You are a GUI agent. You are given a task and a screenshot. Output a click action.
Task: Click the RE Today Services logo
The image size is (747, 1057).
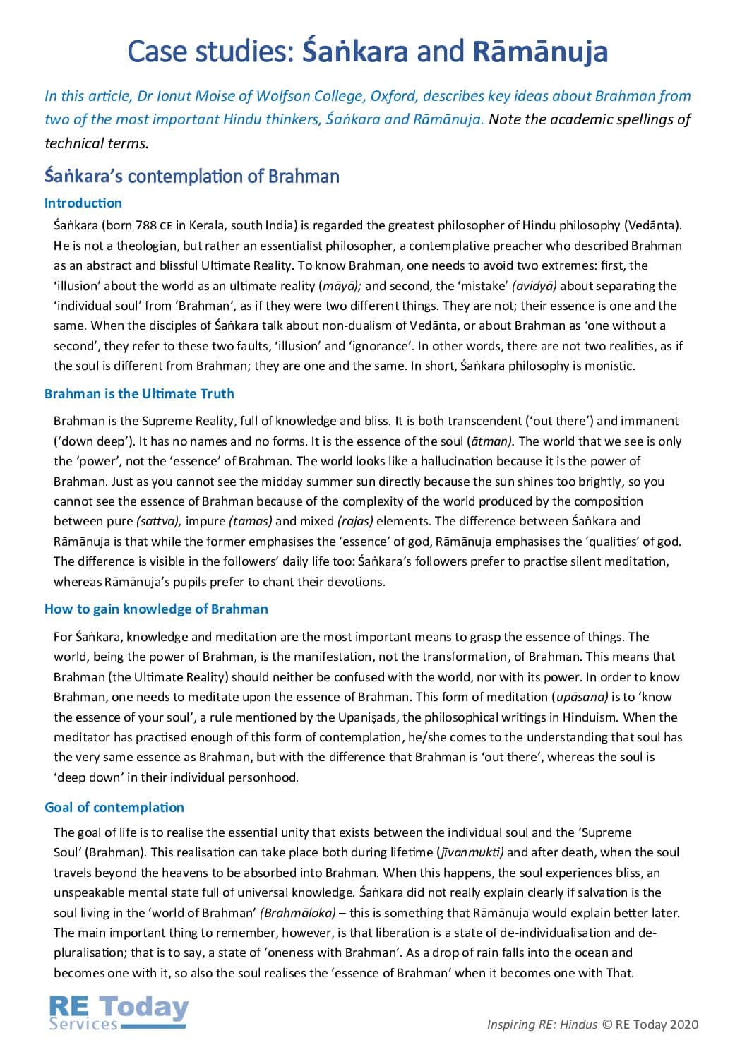click(x=119, y=1013)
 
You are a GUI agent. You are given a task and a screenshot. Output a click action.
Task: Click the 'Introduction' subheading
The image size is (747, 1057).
click(x=83, y=203)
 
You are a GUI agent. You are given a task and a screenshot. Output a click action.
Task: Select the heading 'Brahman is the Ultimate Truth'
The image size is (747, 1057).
click(x=139, y=394)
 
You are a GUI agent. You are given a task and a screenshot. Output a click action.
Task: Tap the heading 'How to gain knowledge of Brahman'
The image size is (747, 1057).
click(x=156, y=609)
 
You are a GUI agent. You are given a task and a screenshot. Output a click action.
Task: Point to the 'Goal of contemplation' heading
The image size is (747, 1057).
click(x=114, y=808)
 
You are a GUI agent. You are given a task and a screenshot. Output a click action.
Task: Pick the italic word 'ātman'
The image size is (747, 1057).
click(x=489, y=441)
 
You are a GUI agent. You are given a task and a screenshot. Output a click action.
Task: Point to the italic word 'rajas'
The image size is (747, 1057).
click(x=356, y=522)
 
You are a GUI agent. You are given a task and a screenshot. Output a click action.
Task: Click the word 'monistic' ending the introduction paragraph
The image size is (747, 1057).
click(x=610, y=366)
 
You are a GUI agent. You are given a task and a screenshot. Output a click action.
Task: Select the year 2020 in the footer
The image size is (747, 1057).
click(x=684, y=1025)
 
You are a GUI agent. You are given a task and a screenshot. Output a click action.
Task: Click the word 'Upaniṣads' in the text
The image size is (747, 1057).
click(x=367, y=717)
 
